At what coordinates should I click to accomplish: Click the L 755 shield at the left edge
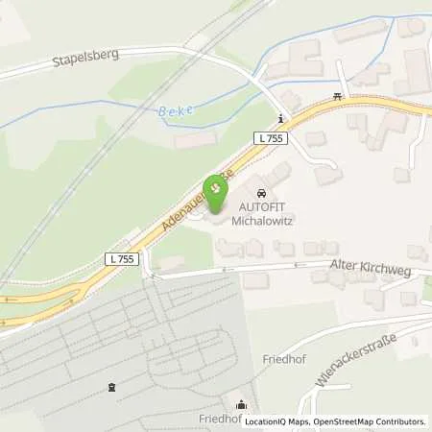tap(123, 259)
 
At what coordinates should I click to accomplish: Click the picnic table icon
tap(338, 95)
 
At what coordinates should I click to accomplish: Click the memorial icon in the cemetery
tap(112, 388)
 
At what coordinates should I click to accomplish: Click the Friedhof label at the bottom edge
tap(218, 420)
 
